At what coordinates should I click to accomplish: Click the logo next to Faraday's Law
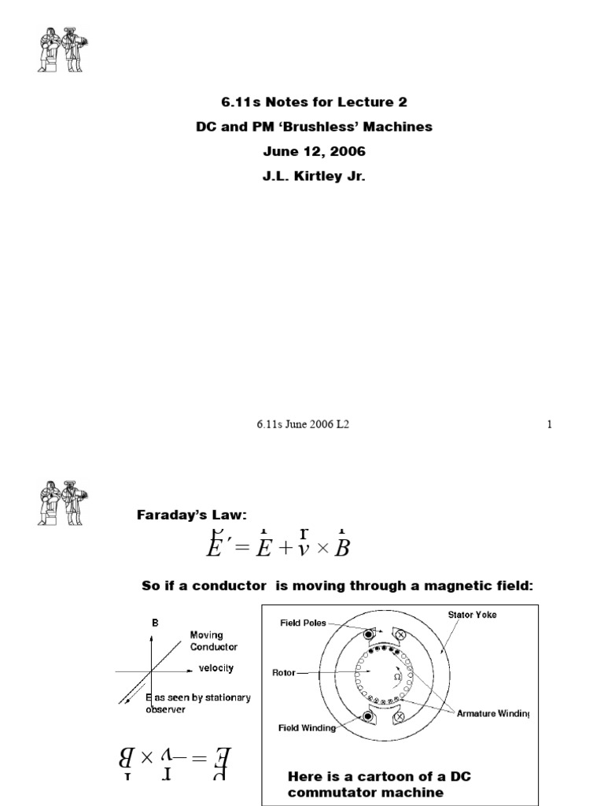tap(62, 502)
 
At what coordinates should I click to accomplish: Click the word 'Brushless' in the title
tap(311, 127)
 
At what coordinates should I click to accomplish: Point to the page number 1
tap(550, 424)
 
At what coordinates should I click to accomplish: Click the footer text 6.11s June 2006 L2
tap(302, 424)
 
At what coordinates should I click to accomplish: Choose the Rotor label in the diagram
tap(284, 673)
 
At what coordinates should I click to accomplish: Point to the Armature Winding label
tap(493, 714)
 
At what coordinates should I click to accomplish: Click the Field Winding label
tap(307, 728)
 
